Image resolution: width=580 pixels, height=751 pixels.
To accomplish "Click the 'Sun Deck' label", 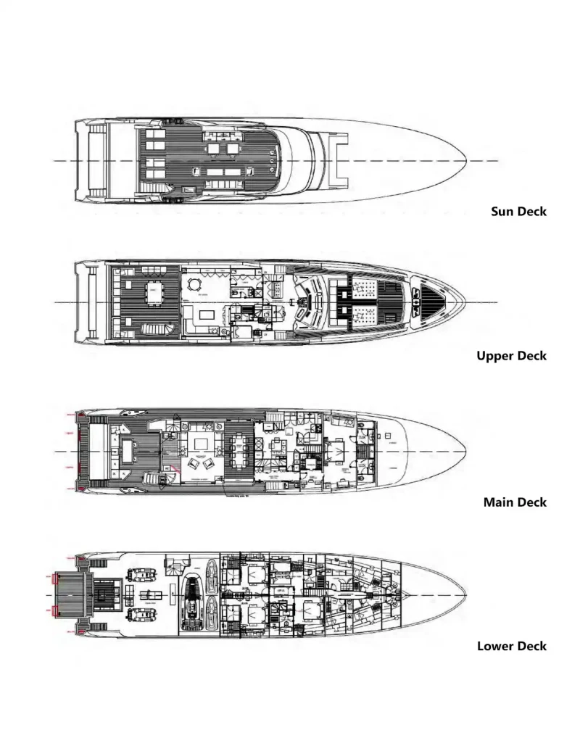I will click(x=518, y=212).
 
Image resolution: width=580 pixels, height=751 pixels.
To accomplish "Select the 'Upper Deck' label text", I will click(x=511, y=356).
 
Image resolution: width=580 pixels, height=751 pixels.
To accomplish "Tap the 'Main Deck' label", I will click(x=515, y=502).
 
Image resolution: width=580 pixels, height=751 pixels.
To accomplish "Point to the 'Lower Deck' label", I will click(x=511, y=646).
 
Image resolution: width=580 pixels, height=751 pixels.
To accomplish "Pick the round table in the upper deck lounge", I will click(x=194, y=284).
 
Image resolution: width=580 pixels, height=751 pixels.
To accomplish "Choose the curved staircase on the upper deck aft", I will click(x=158, y=330).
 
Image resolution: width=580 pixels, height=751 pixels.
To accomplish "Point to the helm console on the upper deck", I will click(x=310, y=301).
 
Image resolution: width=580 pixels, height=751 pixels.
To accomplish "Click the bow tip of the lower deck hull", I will click(x=465, y=596).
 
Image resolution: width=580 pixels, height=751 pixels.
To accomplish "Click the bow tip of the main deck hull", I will click(x=465, y=452).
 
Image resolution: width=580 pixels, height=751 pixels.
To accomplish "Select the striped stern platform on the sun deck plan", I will click(x=90, y=160).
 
